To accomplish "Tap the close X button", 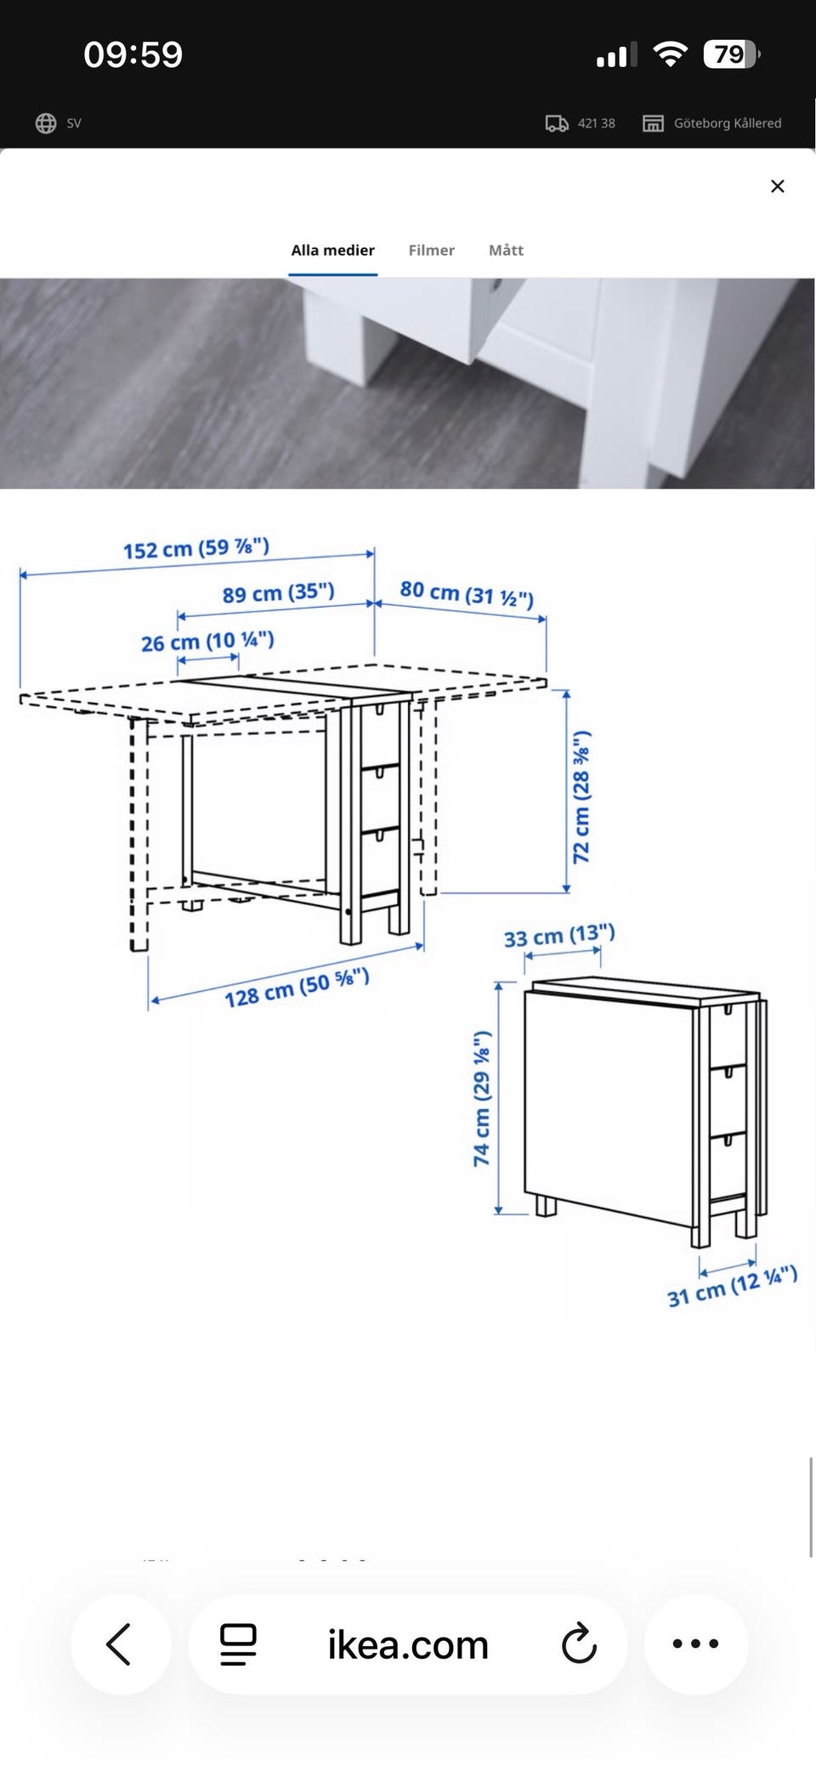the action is click(777, 186).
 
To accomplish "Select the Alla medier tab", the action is click(333, 250).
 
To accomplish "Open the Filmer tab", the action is click(432, 250).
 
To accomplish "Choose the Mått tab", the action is click(506, 250).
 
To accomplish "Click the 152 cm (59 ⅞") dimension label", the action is click(196, 548).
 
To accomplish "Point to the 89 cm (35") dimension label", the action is click(279, 592).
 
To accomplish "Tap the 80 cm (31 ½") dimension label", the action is click(467, 593).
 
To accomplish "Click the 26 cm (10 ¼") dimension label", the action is click(207, 642).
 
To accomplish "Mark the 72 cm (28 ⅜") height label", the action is click(581, 796).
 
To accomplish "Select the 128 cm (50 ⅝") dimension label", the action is click(297, 988).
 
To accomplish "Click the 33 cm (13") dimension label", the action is click(559, 936).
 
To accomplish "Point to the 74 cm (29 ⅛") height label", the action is click(482, 1098).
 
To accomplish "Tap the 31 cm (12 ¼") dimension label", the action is click(733, 1286).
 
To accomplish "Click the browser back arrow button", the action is click(120, 1644).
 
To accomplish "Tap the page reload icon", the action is click(579, 1644).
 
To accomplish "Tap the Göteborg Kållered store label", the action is click(728, 123).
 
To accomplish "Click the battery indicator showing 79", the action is click(731, 54).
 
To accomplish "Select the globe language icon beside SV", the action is click(46, 123).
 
